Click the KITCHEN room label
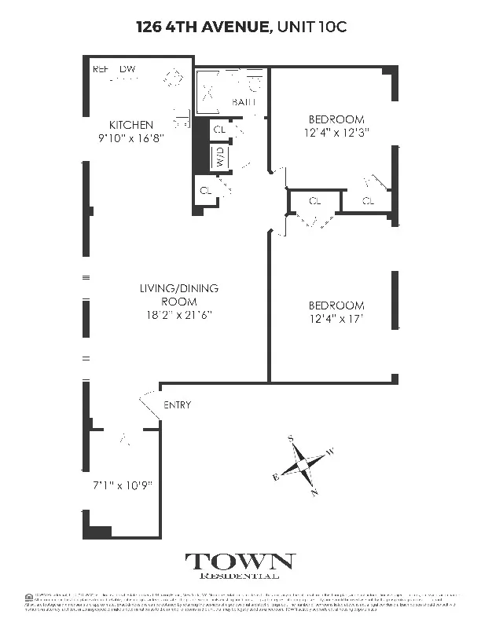click(x=131, y=125)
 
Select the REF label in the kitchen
click(x=101, y=69)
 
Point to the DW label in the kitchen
click(x=128, y=69)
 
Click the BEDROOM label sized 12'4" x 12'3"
click(x=336, y=119)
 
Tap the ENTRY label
click(x=177, y=405)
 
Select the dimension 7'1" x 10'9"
click(x=123, y=485)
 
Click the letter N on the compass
click(x=314, y=492)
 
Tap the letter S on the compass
click(x=290, y=438)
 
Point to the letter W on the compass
click(x=330, y=452)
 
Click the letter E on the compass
click(x=275, y=477)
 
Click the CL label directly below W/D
click(x=206, y=190)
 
